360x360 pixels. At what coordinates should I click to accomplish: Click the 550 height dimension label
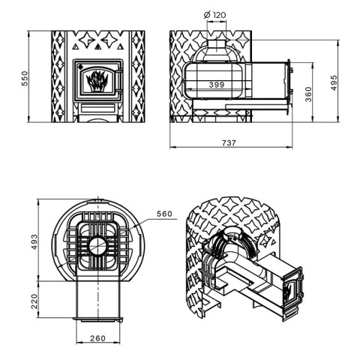pyautogui.click(x=25, y=78)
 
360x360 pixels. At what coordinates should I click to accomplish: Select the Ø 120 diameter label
pyautogui.click(x=214, y=15)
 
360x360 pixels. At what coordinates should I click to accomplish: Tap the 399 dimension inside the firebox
pyautogui.click(x=217, y=85)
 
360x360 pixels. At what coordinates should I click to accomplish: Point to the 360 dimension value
pyautogui.click(x=309, y=94)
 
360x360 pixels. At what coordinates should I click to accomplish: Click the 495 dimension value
pyautogui.click(x=334, y=82)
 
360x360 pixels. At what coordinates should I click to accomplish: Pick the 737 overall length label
pyautogui.click(x=229, y=142)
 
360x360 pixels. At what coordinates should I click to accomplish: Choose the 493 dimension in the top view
pyautogui.click(x=34, y=241)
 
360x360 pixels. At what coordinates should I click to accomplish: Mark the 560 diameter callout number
pyautogui.click(x=164, y=214)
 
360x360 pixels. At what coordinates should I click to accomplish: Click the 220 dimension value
pyautogui.click(x=34, y=301)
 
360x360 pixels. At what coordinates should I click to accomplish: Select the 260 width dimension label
pyautogui.click(x=97, y=338)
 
